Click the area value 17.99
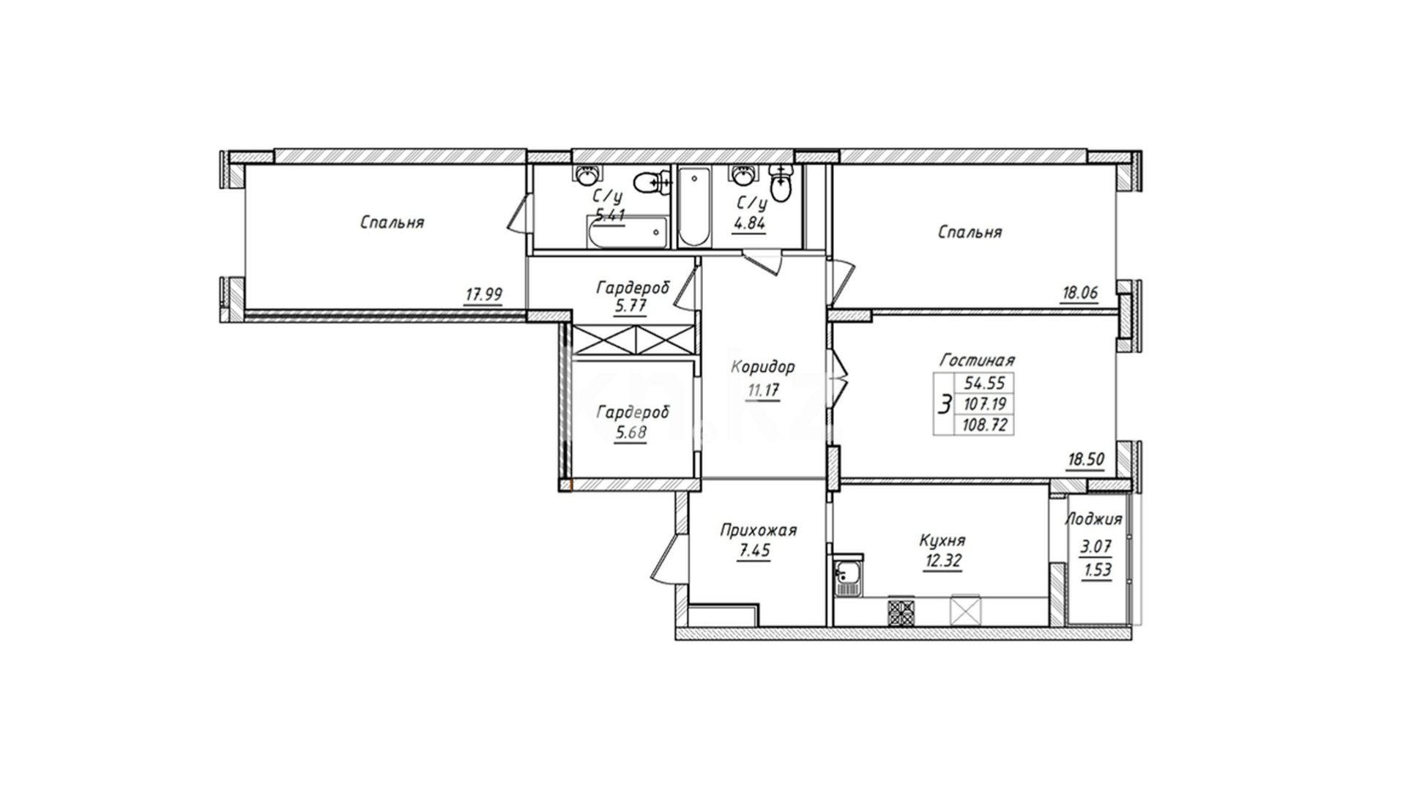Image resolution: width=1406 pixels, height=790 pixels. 483,295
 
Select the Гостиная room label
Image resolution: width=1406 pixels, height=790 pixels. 977,360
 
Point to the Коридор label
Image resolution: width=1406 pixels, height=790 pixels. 762,367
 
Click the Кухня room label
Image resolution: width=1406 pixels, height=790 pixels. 942,541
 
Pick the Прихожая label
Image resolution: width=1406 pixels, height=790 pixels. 758,530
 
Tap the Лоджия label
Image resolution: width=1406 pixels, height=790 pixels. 1093,520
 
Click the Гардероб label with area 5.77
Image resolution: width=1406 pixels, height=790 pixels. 633,288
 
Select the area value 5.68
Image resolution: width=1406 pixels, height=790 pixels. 631,433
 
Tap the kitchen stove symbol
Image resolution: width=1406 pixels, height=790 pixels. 902,612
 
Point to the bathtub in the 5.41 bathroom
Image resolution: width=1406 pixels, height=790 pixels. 627,232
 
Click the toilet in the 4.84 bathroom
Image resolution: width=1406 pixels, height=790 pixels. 782,182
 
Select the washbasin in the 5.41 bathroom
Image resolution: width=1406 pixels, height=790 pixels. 587,175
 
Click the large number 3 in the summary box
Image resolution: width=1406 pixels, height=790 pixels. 945,403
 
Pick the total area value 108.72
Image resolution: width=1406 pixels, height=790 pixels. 986,425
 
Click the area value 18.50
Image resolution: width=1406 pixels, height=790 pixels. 1086,461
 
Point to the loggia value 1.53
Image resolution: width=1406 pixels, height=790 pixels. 1097,570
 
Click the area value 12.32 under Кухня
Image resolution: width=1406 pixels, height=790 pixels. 942,562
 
